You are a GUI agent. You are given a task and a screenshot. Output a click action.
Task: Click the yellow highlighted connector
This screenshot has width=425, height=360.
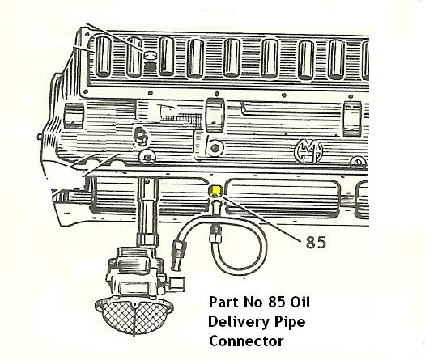coord(215,190)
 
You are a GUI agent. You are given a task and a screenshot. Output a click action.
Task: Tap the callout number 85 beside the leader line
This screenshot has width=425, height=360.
coord(316,242)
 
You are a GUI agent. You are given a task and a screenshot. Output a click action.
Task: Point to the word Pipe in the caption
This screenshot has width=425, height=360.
coord(290,322)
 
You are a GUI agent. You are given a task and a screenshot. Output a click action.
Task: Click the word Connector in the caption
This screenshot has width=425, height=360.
coord(246,341)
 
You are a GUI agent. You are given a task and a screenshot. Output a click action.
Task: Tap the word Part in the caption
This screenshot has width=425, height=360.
coord(224,302)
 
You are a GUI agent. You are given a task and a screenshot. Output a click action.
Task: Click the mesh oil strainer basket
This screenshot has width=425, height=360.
coord(134,316)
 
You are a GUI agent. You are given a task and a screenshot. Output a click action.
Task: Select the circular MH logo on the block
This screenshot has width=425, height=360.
coord(309,151)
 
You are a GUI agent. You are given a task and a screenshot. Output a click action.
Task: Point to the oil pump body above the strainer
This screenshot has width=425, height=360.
coord(135,273)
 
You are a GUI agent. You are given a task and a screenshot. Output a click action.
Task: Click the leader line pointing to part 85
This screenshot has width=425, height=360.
coord(261,219)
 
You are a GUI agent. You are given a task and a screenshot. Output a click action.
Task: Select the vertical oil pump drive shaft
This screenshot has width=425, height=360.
coord(147,209)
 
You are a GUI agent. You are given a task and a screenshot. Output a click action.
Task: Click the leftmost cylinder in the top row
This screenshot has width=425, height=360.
coord(104,57)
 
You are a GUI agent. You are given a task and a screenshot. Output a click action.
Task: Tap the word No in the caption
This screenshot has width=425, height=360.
coord(253,302)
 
